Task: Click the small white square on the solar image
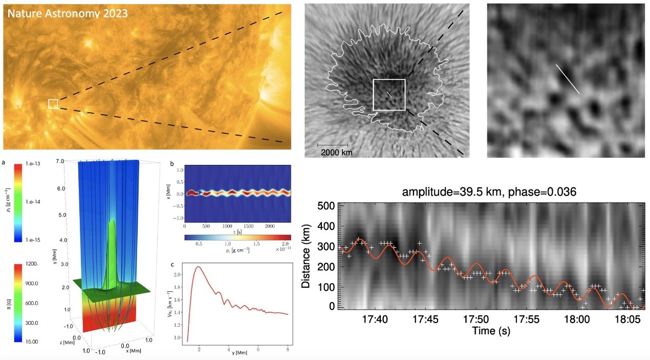tap(53, 104)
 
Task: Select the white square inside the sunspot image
tap(389, 95)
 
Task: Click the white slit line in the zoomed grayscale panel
tap(568, 78)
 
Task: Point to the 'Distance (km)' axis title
tap(308, 256)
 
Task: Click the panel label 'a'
tap(5, 162)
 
